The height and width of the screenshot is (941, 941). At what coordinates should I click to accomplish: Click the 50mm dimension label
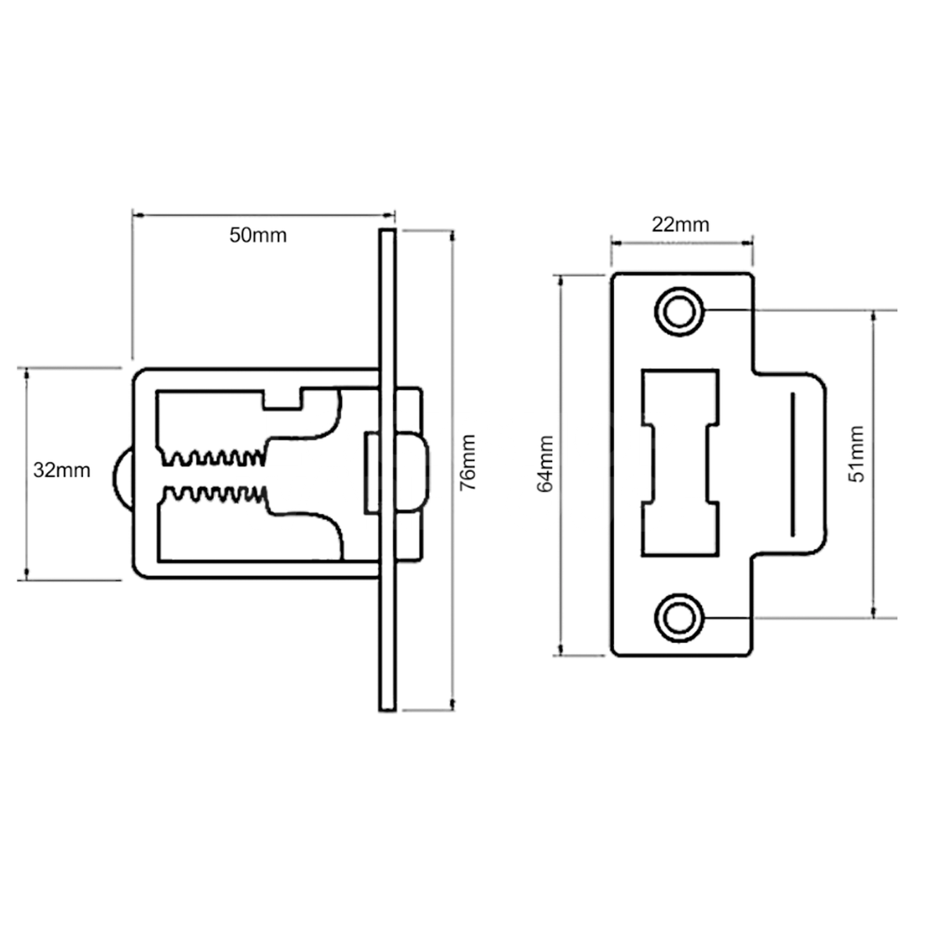(258, 234)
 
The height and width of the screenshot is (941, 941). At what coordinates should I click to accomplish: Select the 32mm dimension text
(62, 470)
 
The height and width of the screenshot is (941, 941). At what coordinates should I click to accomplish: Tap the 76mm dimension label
(467, 473)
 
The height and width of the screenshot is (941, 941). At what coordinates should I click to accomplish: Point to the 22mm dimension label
(681, 225)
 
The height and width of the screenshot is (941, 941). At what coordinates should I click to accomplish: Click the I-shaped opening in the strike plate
(680, 463)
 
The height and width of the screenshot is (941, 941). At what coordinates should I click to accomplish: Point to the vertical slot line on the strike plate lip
(792, 465)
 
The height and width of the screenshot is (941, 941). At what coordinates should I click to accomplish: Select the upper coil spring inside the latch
(212, 456)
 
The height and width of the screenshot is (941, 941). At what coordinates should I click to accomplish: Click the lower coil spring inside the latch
(212, 495)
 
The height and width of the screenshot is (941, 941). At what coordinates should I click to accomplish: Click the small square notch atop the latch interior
(283, 398)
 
